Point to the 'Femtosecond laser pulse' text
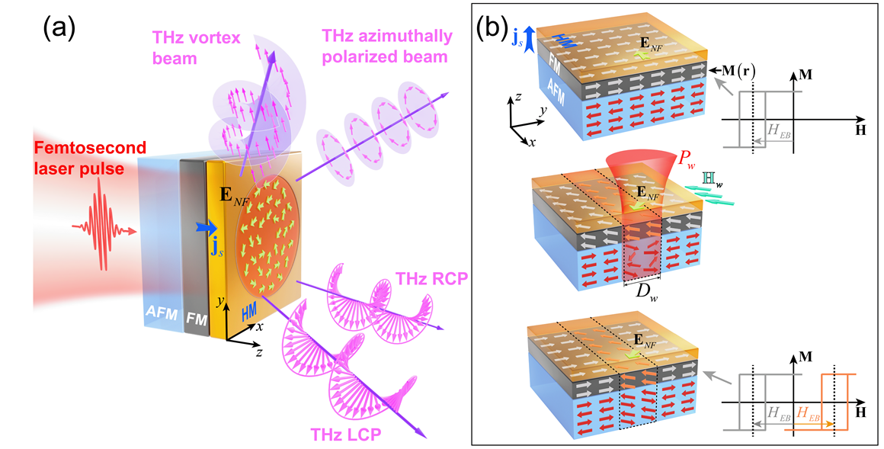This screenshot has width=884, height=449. pyautogui.click(x=75, y=156)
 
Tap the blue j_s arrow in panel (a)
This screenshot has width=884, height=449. pyautogui.click(x=204, y=226)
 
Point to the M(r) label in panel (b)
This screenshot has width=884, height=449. pyautogui.click(x=733, y=71)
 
